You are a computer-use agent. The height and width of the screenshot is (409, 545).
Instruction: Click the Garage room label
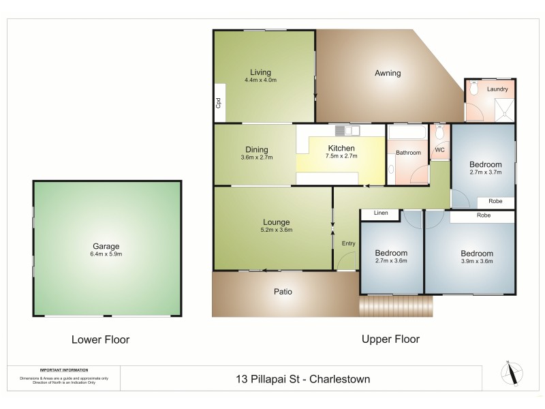click(x=107, y=246)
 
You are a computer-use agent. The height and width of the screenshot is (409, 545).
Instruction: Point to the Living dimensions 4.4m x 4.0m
click(x=260, y=80)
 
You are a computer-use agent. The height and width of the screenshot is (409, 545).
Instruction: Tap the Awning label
click(x=388, y=73)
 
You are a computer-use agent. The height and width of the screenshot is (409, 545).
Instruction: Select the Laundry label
click(x=498, y=89)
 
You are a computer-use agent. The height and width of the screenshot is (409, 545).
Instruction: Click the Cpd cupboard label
click(x=219, y=104)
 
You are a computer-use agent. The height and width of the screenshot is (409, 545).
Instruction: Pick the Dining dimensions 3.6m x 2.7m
click(x=256, y=157)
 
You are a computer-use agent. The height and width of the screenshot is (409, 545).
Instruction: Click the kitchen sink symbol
click(x=347, y=130)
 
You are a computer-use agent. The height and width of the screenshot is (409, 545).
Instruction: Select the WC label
click(x=439, y=150)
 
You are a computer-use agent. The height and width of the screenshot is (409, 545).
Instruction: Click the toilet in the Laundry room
click(x=474, y=88)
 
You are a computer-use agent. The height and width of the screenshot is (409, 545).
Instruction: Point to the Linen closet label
click(x=381, y=213)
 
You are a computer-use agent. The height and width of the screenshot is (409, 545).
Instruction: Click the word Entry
click(x=348, y=243)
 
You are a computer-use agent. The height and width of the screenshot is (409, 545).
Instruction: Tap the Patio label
click(x=283, y=292)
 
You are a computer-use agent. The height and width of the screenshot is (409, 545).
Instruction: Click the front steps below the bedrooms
click(x=396, y=306)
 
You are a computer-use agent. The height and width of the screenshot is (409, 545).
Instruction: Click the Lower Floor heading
click(x=100, y=339)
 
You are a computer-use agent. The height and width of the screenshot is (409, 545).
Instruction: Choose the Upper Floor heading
click(x=390, y=339)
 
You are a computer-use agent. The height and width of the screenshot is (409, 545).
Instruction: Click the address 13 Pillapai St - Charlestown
click(x=301, y=379)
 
